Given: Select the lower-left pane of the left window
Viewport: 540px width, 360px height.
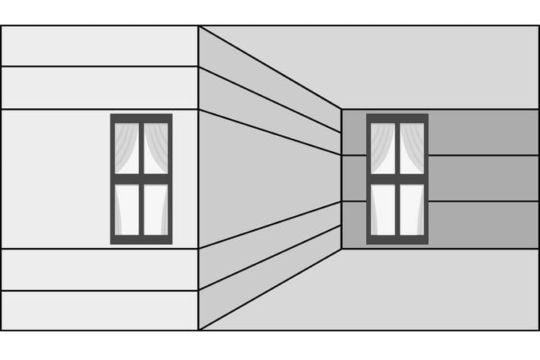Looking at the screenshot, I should pyautogui.click(x=127, y=209).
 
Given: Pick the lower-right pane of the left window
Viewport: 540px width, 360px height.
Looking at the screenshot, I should pyautogui.click(x=156, y=209).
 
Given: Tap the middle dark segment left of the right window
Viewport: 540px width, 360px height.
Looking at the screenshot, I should pyautogui.click(x=353, y=178).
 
